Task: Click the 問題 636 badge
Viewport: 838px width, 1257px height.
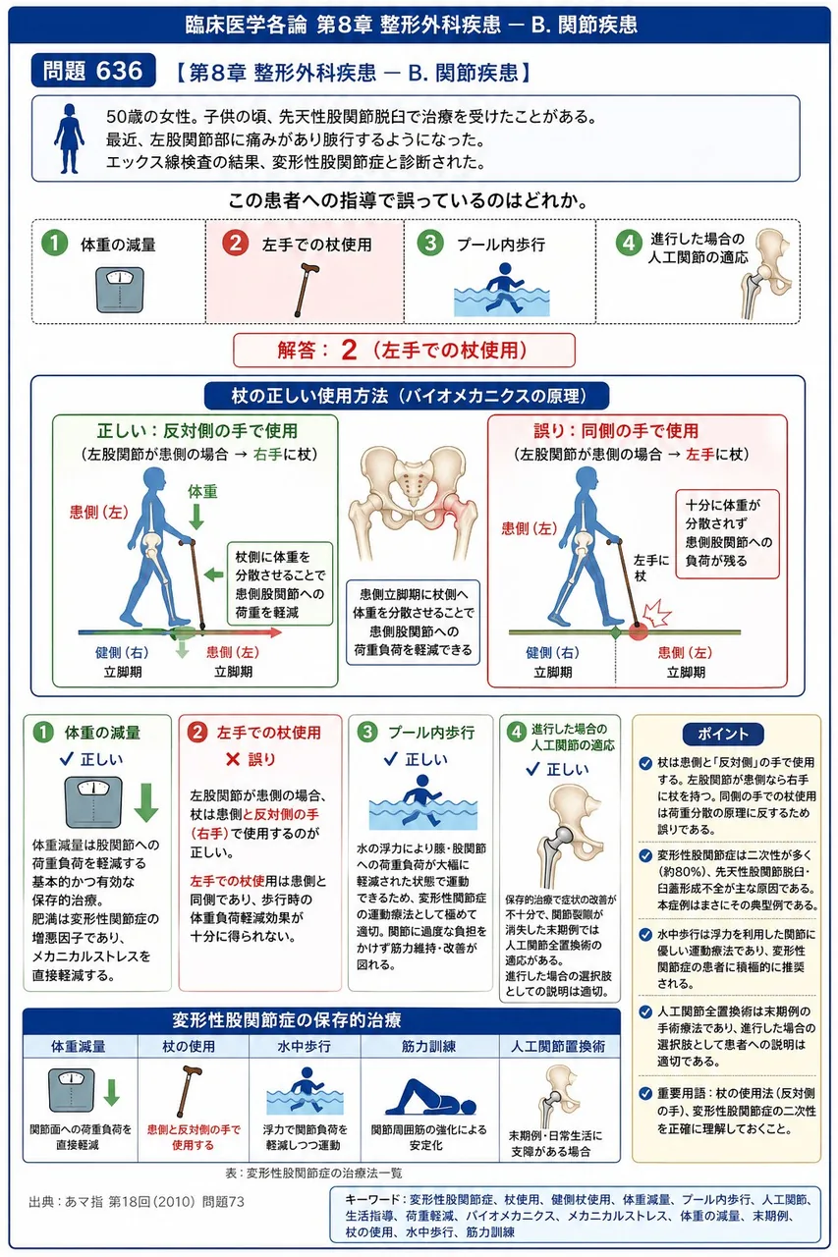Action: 93,71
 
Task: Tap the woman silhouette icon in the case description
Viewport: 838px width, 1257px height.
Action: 69,138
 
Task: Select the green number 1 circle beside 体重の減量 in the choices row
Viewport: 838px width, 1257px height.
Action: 54,244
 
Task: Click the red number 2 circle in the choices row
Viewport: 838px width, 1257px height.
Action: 235,244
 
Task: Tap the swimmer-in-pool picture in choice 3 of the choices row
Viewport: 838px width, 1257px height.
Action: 501,290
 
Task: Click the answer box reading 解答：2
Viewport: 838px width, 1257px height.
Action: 404,351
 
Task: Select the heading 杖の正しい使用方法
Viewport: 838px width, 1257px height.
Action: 407,396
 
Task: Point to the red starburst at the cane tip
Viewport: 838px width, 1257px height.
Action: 657,614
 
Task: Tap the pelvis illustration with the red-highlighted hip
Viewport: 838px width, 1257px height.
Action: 413,504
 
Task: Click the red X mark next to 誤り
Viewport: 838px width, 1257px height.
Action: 233,760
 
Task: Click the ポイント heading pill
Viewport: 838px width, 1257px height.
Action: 723,734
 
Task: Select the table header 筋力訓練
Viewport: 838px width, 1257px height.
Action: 428,1046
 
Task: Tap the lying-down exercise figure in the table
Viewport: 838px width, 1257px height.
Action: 430,1097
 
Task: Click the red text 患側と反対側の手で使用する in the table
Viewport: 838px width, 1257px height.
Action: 194,1137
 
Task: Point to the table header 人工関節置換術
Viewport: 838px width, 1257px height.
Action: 557,1046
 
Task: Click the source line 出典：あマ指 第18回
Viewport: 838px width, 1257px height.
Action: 137,1201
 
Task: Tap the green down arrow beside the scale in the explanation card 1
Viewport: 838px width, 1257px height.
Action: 146,802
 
